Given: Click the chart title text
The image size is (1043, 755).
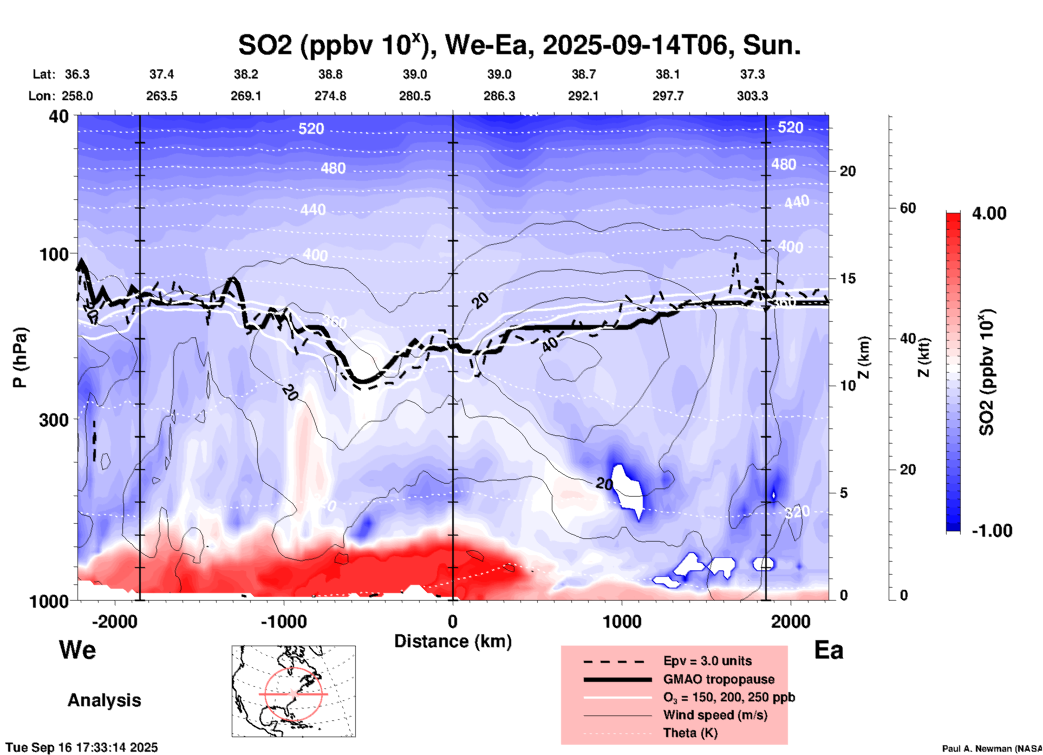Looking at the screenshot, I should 519,45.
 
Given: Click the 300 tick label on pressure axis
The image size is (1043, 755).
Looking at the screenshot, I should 54,420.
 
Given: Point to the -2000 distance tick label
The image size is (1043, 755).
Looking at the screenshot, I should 114,621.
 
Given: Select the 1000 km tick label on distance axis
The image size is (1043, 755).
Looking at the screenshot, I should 622,621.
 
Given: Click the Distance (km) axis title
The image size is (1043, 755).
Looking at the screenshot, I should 453,641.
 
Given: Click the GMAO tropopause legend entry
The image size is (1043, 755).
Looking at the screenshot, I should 719,679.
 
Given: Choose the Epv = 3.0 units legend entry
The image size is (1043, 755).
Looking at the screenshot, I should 707,661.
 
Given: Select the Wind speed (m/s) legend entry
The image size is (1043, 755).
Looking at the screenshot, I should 715,715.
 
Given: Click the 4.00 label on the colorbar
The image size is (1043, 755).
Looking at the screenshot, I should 989,213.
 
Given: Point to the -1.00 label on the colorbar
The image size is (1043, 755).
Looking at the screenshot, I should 992,531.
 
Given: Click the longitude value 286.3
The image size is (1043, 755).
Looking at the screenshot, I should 499,96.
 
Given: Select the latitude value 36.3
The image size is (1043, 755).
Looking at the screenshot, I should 77,74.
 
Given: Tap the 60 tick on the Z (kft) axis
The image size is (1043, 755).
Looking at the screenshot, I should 908,208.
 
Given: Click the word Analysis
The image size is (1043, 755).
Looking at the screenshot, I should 104,700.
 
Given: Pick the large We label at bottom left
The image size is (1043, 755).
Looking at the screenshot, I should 77,649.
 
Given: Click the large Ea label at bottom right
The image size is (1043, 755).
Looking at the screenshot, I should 829,650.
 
